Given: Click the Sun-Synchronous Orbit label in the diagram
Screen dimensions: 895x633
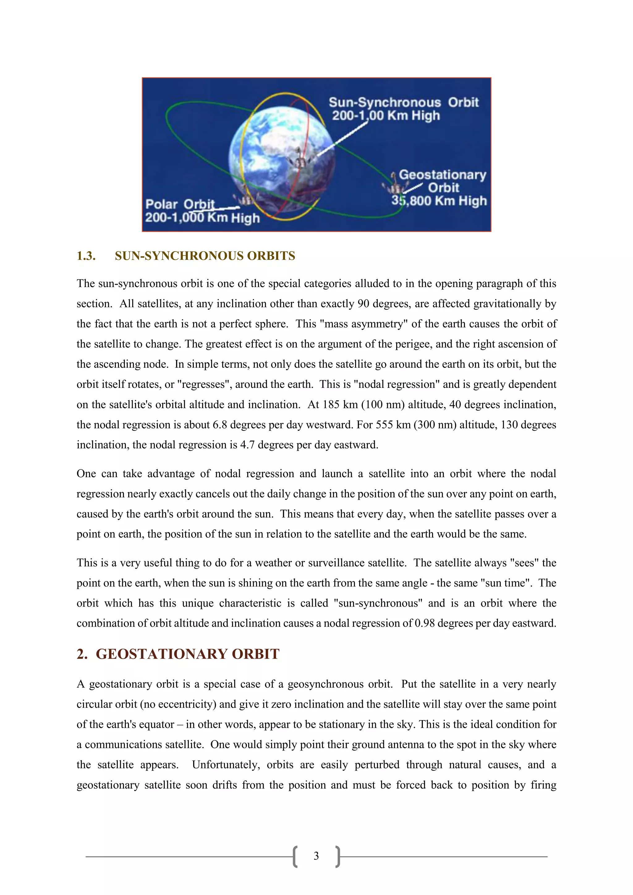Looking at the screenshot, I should coord(403,103).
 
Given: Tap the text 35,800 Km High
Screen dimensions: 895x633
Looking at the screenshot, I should coord(439,201).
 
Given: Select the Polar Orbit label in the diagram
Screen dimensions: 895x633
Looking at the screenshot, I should coord(180,204).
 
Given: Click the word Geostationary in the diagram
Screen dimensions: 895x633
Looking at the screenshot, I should coord(442,175).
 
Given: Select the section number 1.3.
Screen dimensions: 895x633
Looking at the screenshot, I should coord(86,256).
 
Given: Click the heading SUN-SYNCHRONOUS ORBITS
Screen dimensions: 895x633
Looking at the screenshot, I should coord(205,256).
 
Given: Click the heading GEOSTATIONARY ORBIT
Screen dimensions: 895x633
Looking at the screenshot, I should coord(188,654).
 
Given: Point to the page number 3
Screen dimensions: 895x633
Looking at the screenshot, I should coord(316,856).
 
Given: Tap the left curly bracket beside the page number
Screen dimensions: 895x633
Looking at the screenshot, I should coord(295,856).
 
